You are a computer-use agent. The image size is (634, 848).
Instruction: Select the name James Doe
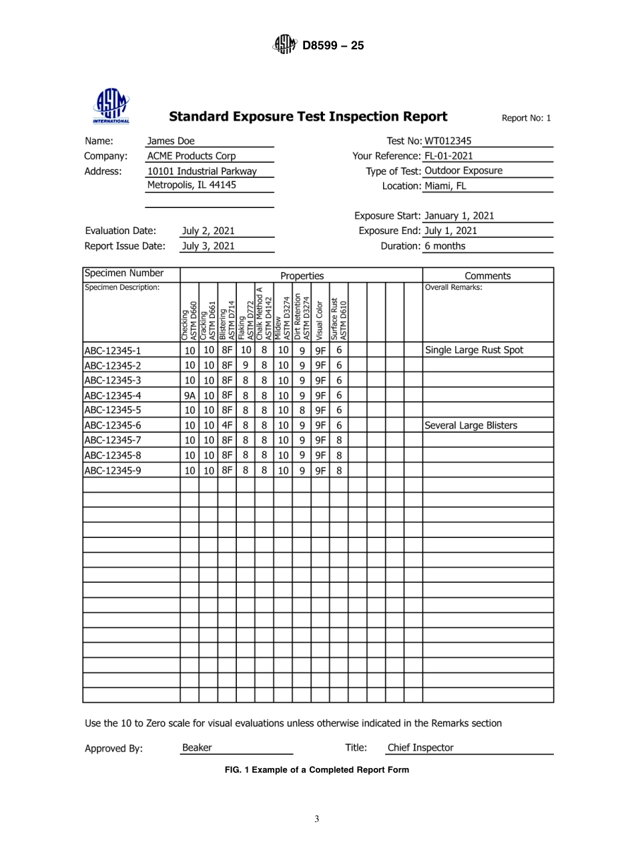(171, 141)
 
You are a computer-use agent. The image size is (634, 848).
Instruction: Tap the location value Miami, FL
(445, 186)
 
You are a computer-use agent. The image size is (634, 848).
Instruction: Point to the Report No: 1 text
(526, 119)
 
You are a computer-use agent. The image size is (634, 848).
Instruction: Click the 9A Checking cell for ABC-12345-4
(190, 395)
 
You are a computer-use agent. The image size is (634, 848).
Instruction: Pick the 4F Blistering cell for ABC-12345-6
(227, 425)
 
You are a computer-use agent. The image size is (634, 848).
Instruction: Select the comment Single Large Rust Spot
(474, 350)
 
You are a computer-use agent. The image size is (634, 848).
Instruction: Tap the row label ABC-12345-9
(112, 471)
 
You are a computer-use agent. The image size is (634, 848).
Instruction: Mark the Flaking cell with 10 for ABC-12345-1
(246, 350)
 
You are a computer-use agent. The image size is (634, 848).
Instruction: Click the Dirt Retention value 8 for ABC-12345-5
(302, 410)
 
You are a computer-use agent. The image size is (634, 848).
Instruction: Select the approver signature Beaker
(197, 748)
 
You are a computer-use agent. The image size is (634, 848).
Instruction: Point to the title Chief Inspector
(420, 748)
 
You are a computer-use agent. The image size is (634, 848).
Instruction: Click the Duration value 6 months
(445, 246)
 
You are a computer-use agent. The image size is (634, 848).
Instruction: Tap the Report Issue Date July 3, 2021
(208, 246)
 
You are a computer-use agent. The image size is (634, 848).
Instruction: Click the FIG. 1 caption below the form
(316, 769)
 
